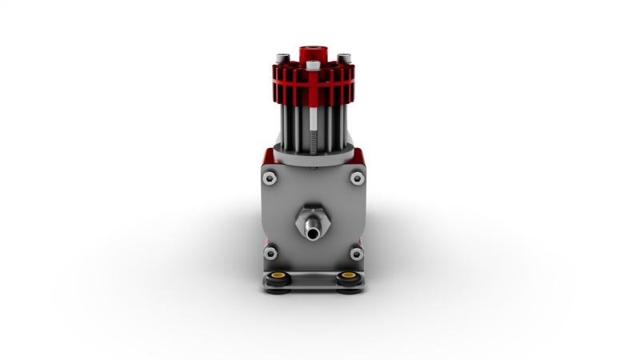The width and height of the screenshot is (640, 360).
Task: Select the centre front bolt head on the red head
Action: click(x=313, y=64)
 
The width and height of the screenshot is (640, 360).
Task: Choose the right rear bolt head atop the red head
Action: click(x=343, y=58)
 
